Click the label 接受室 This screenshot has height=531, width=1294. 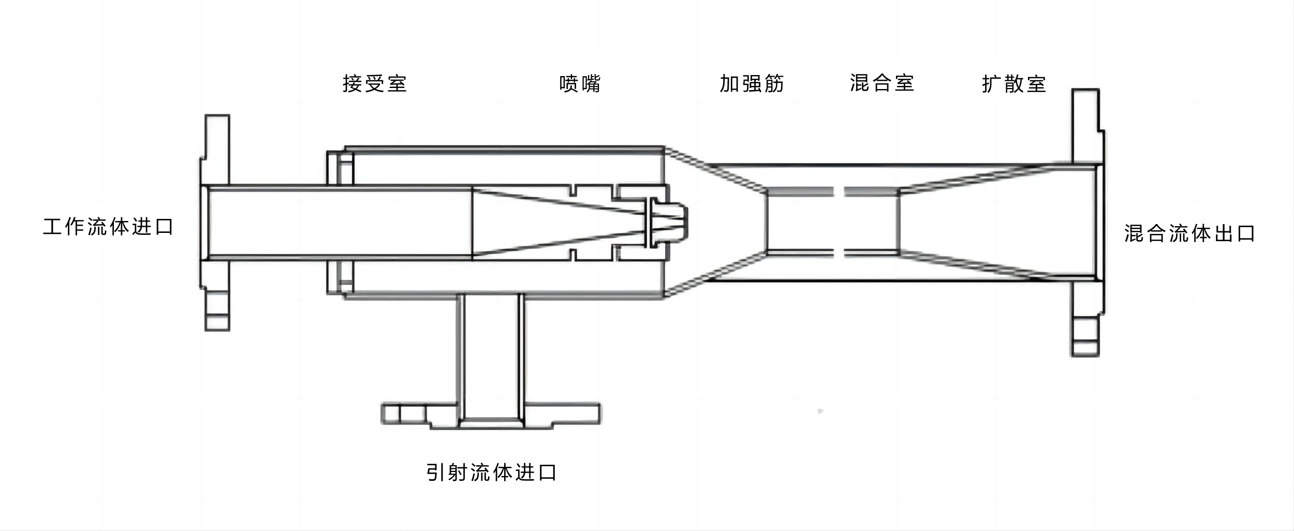[375, 83]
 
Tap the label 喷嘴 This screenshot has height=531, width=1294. [580, 83]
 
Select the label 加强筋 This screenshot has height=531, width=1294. [752, 83]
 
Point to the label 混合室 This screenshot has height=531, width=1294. [882, 83]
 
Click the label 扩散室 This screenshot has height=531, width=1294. [1014, 84]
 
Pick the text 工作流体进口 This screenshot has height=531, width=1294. [108, 227]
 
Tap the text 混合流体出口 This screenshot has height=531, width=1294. [1189, 233]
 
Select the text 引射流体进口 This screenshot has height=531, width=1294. [491, 472]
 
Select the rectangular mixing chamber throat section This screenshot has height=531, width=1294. [832, 223]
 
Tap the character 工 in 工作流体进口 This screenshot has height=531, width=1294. [52, 227]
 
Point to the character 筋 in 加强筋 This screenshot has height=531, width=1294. [774, 83]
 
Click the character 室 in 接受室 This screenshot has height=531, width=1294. [397, 83]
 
